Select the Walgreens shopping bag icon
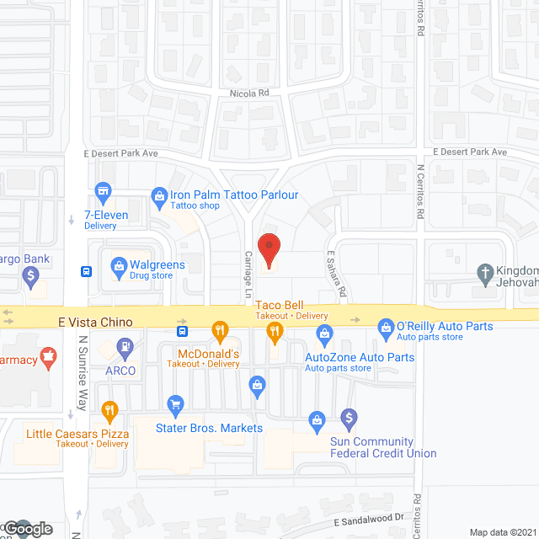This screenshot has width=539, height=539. point(119,268)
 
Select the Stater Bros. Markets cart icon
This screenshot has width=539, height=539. point(175,405)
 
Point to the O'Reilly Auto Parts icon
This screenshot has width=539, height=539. point(386,325)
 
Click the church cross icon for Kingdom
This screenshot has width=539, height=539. point(484,272)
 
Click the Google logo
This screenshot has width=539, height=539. point(28,528)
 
